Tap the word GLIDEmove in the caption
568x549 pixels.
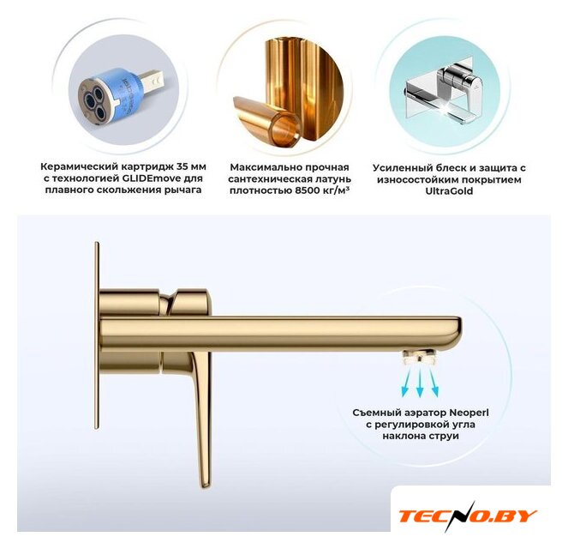point(154,178)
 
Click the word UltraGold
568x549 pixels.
point(449,191)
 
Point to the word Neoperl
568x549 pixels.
point(469,413)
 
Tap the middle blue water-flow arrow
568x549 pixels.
point(420,383)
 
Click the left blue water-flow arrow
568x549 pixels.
point(406,382)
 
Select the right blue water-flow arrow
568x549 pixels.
point(433,382)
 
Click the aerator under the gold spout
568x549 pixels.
point(420,357)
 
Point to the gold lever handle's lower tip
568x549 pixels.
point(205,486)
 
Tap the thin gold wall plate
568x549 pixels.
point(97,335)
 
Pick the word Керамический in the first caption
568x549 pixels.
point(79,167)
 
